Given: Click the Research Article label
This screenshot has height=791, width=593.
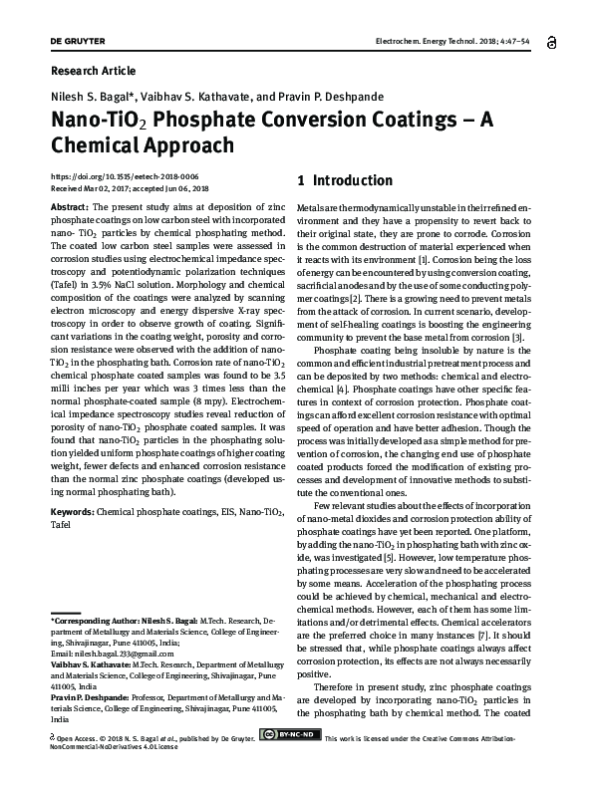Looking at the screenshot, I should [x=92, y=71].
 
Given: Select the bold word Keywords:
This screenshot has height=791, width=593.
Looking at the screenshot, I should [x=72, y=511].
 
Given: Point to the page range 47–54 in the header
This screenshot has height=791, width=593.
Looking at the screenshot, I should [x=517, y=41].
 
